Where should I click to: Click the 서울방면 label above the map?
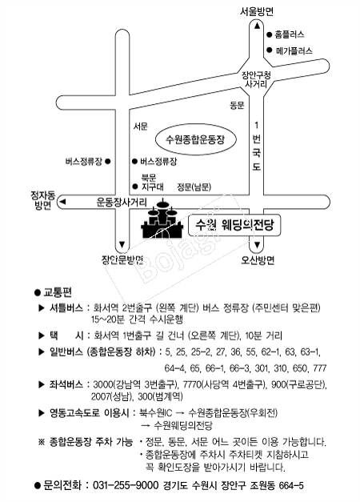pyautogui.click(x=257, y=12)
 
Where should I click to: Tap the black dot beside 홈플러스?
pyautogui.click(x=269, y=34)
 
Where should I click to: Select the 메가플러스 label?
pyautogui.click(x=294, y=50)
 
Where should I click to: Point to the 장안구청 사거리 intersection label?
pyautogui.click(x=256, y=80)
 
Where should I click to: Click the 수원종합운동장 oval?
pyautogui.click(x=195, y=139)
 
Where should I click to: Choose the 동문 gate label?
pyautogui.click(x=237, y=105)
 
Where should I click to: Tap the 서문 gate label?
pyautogui.click(x=141, y=127)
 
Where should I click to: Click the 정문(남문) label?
pyautogui.click(x=194, y=187)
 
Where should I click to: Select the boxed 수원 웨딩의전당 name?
pyautogui.click(x=234, y=225)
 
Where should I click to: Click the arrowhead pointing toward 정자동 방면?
pyautogui.click(x=62, y=202)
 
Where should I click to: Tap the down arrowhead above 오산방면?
pyautogui.click(x=257, y=246)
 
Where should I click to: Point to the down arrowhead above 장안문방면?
pyautogui.click(x=122, y=245)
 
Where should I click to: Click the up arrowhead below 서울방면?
pyautogui.click(x=257, y=26)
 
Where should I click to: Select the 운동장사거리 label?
pyautogui.click(x=122, y=203)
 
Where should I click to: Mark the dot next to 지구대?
pyautogui.click(x=135, y=187)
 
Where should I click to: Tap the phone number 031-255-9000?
pyautogui.click(x=126, y=485)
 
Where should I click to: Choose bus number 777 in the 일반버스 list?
pyautogui.click(x=320, y=368)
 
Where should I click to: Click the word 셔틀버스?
pyautogui.click(x=66, y=308)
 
